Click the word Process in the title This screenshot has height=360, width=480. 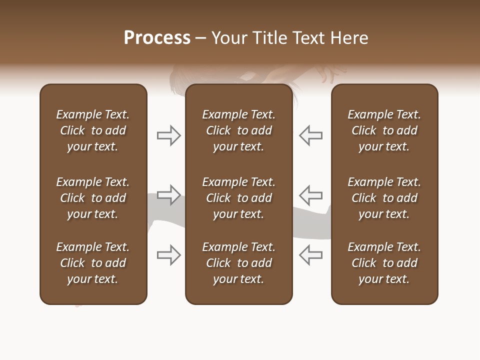(157, 38)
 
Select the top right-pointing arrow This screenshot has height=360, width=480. (169, 135)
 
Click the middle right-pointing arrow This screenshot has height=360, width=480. (169, 195)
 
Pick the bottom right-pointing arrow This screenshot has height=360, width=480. (169, 255)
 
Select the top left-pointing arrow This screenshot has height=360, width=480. (311, 135)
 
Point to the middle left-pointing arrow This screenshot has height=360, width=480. (311, 195)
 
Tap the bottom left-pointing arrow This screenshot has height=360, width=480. (311, 255)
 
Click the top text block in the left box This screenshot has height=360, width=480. (93, 130)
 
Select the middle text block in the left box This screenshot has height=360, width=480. (93, 198)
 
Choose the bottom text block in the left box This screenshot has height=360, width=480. (93, 263)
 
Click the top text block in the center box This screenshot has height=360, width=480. (239, 130)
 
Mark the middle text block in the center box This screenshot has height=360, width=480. (239, 198)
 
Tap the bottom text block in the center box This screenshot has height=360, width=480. (239, 263)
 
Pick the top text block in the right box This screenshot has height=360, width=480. (384, 130)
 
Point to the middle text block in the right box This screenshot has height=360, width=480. (384, 198)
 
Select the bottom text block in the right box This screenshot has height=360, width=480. (384, 263)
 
